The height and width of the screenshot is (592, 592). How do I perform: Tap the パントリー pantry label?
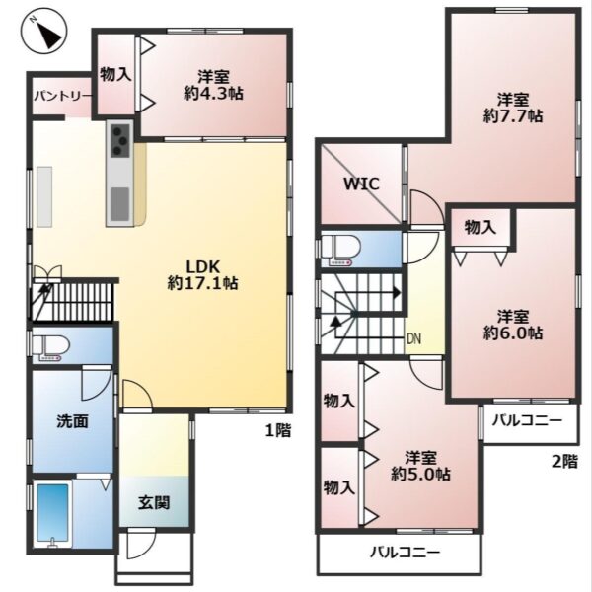click(62, 97)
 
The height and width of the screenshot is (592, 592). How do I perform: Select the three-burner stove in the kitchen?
click(120, 140)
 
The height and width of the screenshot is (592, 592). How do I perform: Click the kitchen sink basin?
click(120, 204)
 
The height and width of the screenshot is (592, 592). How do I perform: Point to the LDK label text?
click(203, 267)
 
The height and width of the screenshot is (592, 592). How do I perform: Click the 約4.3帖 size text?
click(213, 94)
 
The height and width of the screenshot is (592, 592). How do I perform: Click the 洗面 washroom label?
click(72, 421)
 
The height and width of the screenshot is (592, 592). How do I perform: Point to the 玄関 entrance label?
click(154, 503)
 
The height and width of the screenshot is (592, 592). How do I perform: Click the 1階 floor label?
click(278, 430)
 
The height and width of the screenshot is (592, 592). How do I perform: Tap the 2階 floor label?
click(564, 462)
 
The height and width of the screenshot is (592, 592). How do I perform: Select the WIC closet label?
click(361, 185)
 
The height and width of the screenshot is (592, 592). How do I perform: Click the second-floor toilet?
click(339, 250)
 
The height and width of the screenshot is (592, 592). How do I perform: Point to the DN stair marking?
click(413, 339)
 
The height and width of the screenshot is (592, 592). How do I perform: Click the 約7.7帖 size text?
click(513, 116)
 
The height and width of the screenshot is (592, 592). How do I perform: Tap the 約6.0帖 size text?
click(513, 333)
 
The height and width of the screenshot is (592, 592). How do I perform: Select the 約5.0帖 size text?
click(420, 475)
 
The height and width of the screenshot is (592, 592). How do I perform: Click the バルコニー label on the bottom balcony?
click(405, 554)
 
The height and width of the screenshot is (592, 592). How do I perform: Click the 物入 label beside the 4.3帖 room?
click(115, 75)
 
